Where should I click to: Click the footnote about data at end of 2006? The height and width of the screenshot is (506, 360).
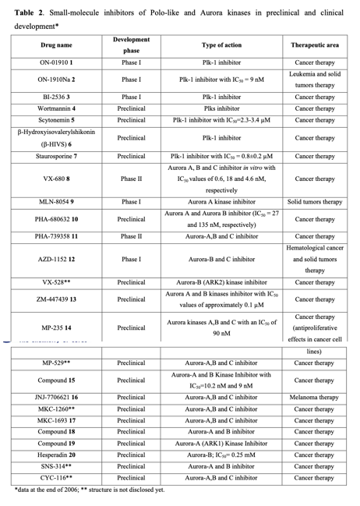pyautogui.click(x=90, y=490)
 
